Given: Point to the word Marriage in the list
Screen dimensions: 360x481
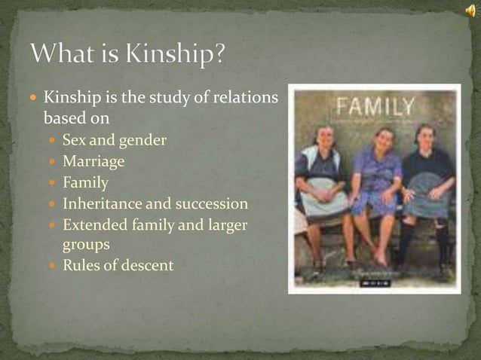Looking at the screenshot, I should point(93,161).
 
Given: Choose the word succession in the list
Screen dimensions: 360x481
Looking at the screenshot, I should point(211,203).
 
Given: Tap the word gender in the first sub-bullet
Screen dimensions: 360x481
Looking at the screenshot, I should point(144,140).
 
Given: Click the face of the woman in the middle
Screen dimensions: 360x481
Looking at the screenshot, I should point(384,139).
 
